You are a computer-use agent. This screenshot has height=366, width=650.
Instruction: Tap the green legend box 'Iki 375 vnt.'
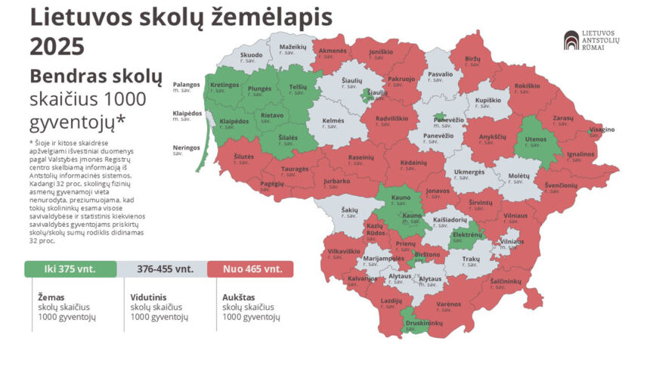(x=70, y=268)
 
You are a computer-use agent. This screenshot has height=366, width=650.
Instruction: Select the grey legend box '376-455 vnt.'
(x=165, y=268)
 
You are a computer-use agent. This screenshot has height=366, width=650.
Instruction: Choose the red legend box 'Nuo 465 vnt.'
(x=253, y=268)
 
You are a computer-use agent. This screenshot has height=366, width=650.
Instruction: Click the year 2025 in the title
(x=57, y=47)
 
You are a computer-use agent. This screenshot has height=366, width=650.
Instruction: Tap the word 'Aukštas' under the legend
(x=238, y=297)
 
